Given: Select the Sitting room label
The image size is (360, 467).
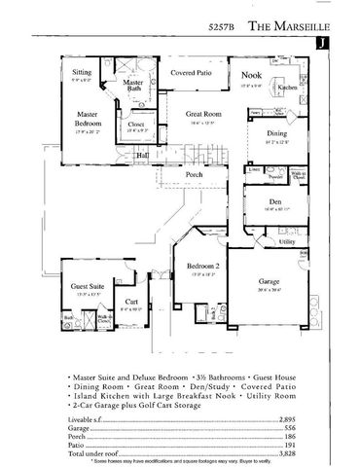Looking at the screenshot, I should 83,73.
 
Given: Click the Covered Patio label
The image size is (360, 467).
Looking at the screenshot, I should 191,73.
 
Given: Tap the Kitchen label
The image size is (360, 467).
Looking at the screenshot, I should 287,88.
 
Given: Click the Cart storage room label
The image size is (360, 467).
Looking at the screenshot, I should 131,303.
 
